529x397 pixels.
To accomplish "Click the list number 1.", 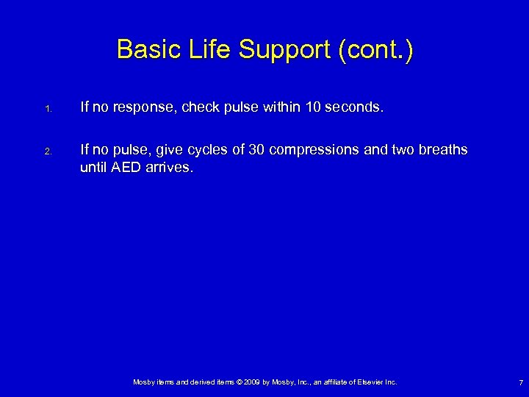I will tap(46, 110).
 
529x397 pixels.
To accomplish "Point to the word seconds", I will tap(351, 107).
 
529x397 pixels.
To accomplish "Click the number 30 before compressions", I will tap(256, 150).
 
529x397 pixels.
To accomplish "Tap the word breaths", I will tap(444, 150).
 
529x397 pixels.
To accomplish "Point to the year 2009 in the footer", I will tap(248, 382).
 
